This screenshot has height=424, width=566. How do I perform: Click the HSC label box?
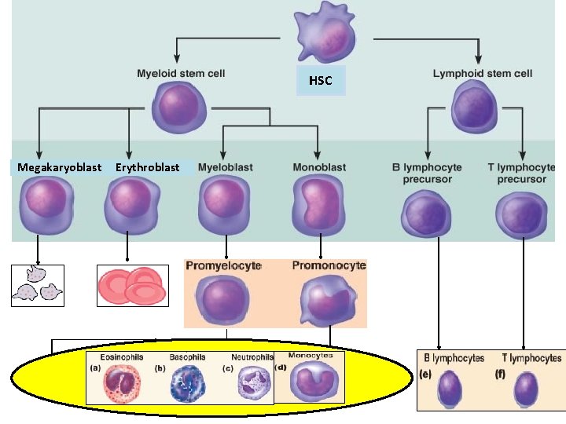coord(321,81)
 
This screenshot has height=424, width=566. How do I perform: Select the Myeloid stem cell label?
coord(181,74)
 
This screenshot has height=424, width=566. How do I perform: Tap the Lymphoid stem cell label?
coord(482,74)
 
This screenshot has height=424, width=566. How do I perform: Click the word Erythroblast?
coord(147,167)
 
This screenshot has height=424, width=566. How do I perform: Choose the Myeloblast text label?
coord(224,167)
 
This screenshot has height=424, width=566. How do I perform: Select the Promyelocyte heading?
coord(223,266)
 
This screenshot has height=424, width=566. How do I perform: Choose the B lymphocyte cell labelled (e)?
coord(452,388)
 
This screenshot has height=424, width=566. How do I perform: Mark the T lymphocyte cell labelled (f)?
coord(527,388)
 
